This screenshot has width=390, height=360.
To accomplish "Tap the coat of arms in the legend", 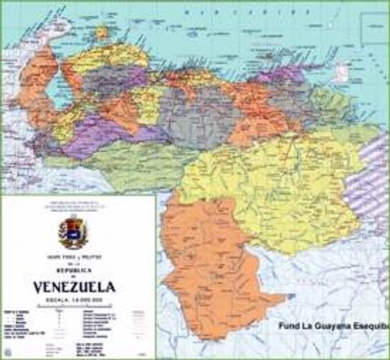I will click(72, 233).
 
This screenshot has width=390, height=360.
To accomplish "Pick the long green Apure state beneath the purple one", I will click(117, 156).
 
